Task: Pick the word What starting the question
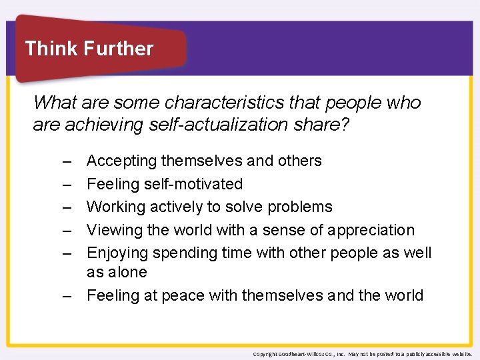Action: click(51, 103)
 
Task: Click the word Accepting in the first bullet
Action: click(121, 161)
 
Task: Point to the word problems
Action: click(299, 207)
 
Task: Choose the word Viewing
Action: click(113, 230)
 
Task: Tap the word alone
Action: click(127, 272)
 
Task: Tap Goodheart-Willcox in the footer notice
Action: click(301, 353)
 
